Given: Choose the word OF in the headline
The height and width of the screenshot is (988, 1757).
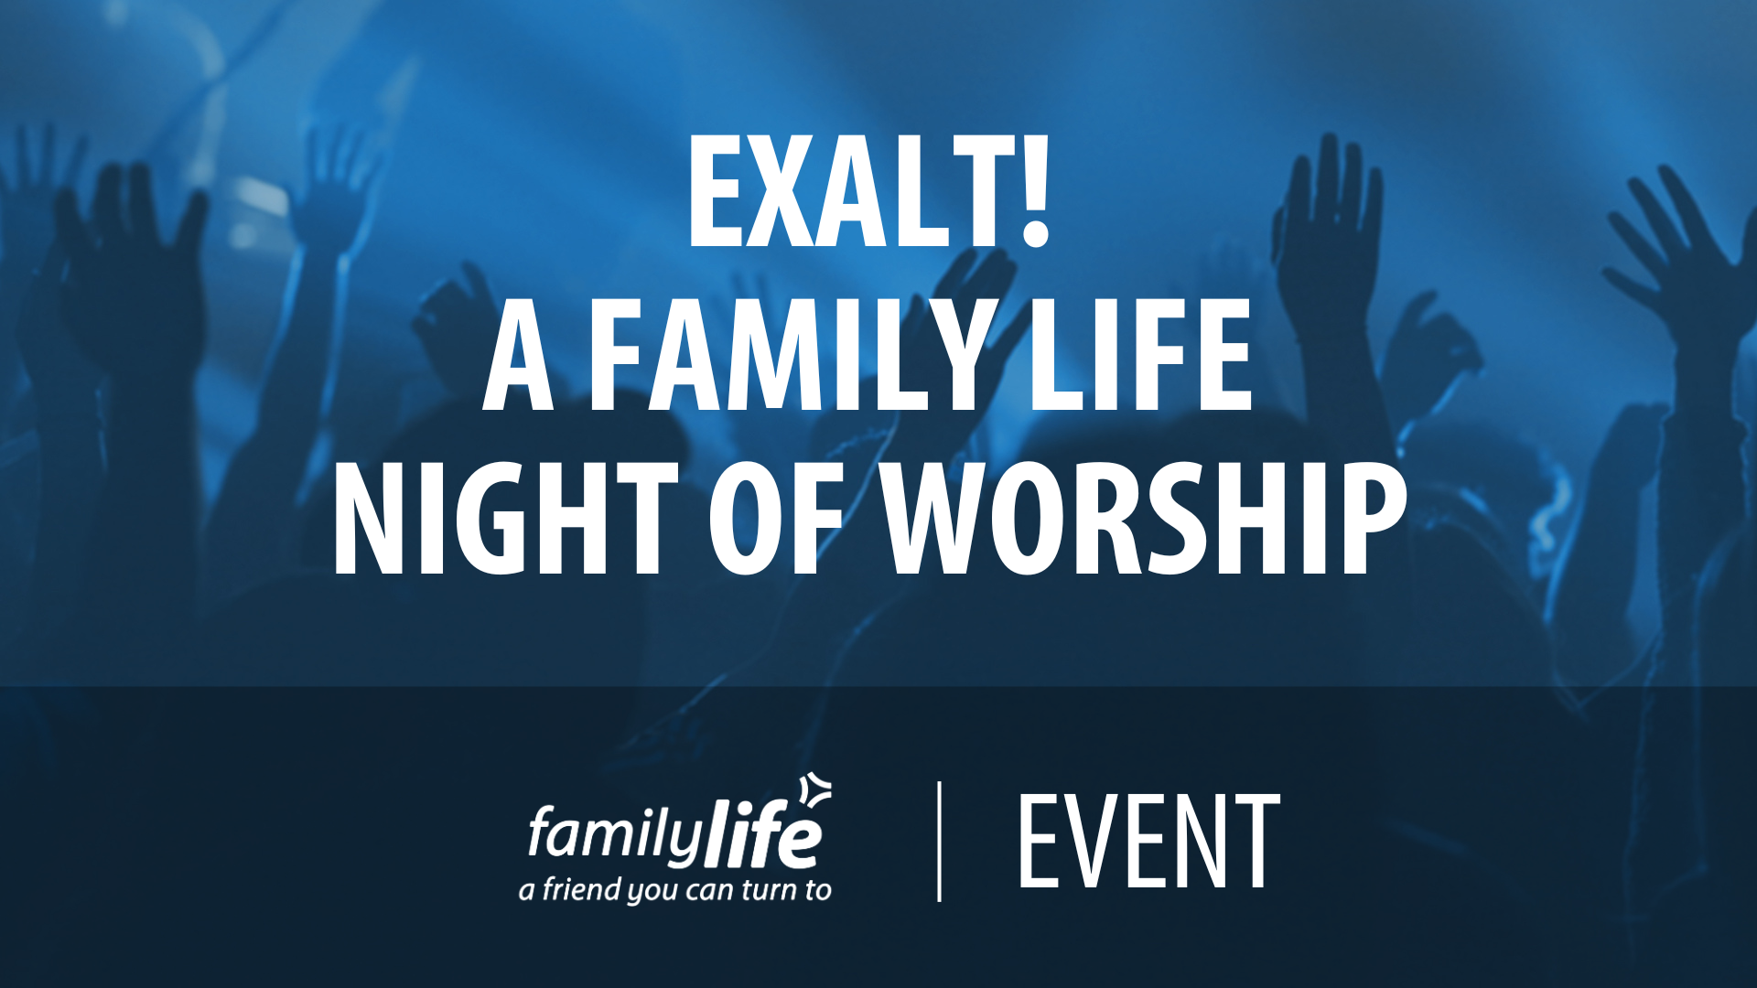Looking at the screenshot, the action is pyautogui.click(x=775, y=518).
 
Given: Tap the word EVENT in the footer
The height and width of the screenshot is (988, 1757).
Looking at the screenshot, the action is pyautogui.click(x=1148, y=841).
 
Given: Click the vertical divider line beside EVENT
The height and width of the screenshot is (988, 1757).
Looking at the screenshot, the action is pyautogui.click(x=940, y=842).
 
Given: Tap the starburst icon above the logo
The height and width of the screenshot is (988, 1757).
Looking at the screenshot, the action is pyautogui.click(x=815, y=791).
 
